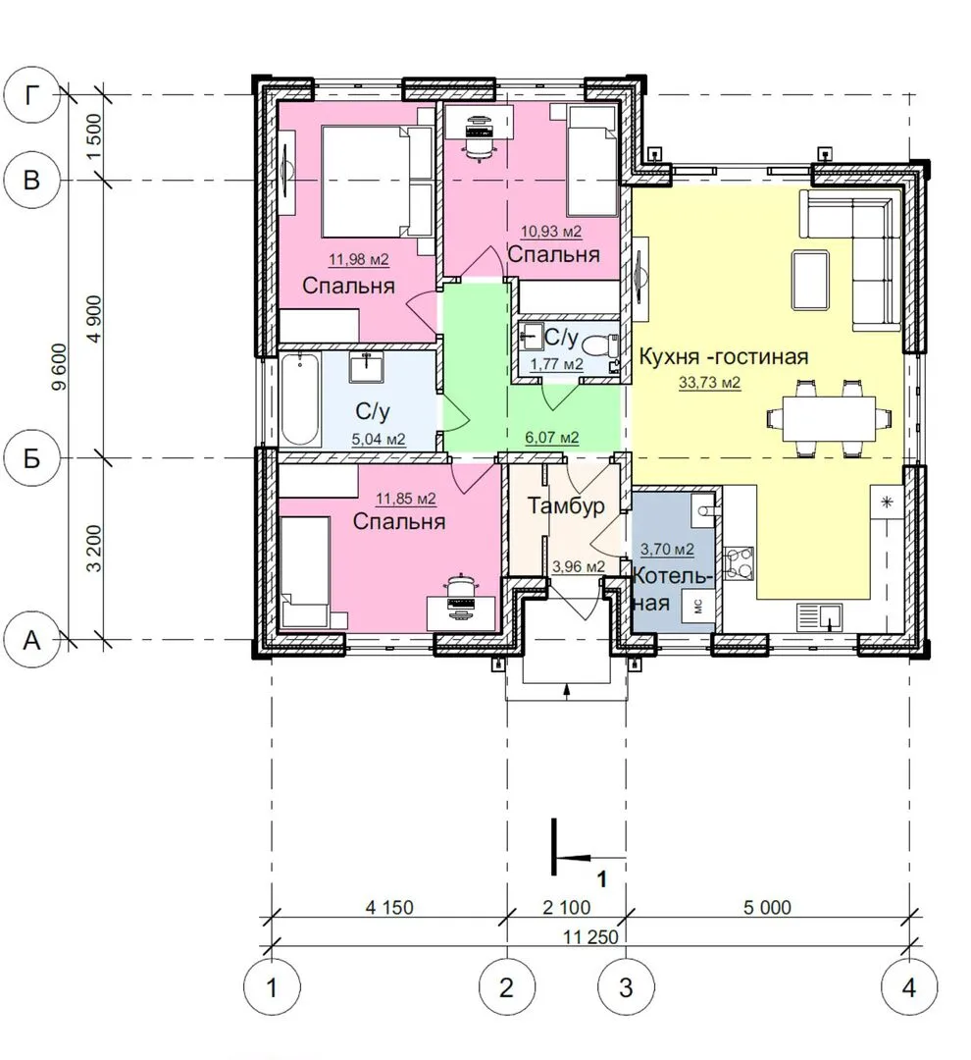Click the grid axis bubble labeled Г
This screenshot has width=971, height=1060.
pos(31,95)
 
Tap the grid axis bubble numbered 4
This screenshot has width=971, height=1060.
pos(909,987)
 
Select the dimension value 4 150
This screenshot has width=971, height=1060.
pos(389,907)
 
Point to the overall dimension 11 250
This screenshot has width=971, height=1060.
pos(590,937)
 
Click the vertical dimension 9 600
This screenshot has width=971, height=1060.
pos(60,366)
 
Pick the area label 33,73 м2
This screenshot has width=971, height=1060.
pos(709,383)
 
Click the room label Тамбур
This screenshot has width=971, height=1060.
pos(566,505)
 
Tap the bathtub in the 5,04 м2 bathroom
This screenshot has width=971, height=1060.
pos(299,398)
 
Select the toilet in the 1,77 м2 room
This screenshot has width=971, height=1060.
pos(598,347)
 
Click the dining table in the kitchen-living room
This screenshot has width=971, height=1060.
pos(829,419)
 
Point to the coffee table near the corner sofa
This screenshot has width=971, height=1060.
pos(811,280)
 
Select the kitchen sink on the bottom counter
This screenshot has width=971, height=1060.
pos(819,616)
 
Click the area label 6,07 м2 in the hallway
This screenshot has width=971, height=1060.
pos(552,438)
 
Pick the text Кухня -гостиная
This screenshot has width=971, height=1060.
pos(723,356)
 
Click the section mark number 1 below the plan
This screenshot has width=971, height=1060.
pos(601,879)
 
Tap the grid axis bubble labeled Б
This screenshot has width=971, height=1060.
pos(31,457)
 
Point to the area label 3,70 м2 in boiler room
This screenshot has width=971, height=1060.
pos(667,550)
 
